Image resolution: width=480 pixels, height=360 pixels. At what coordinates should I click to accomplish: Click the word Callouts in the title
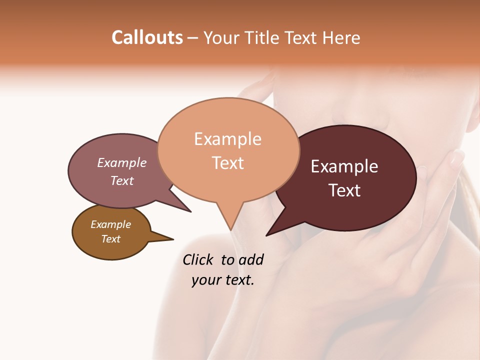tap(147, 37)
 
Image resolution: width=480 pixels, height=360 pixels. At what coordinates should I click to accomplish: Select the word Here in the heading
tap(342, 37)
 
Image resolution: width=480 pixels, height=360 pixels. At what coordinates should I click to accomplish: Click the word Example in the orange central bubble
tap(227, 139)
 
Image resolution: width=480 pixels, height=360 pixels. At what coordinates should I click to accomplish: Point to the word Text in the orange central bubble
tap(227, 163)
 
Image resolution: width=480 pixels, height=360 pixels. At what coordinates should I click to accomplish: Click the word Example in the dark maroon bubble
tap(344, 166)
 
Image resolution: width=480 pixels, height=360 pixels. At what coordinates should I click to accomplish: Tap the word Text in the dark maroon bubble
tap(344, 190)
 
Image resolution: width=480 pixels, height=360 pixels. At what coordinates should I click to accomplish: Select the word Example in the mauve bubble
tap(122, 162)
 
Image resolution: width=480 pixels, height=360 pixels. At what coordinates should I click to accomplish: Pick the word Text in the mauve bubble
tap(122, 180)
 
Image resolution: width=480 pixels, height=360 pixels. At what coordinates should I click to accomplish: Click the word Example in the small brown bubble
tap(110, 224)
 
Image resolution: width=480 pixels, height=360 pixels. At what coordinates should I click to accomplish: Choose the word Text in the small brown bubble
tap(110, 239)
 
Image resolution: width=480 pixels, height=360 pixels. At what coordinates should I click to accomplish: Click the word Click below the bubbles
tap(198, 259)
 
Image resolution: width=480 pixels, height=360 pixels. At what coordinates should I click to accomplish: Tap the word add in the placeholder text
tap(251, 259)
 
